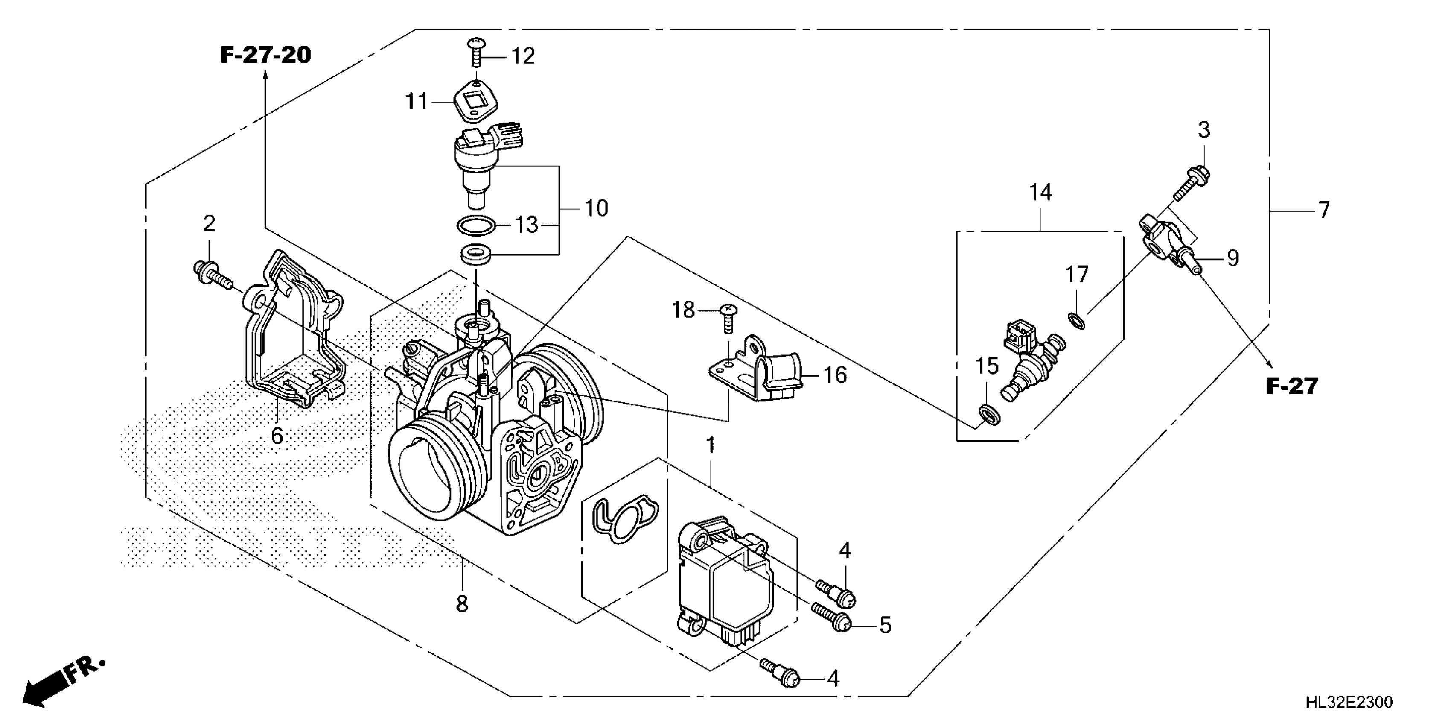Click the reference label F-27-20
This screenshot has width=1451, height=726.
coord(265,55)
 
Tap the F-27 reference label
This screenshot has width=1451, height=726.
coord(1291,386)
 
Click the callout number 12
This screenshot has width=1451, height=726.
coord(523,56)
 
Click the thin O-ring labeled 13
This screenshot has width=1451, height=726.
coord(476,227)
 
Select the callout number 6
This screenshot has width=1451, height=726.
coord(277,435)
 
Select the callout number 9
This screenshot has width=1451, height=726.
coord(1232,258)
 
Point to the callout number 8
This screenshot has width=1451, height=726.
coord(462,604)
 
